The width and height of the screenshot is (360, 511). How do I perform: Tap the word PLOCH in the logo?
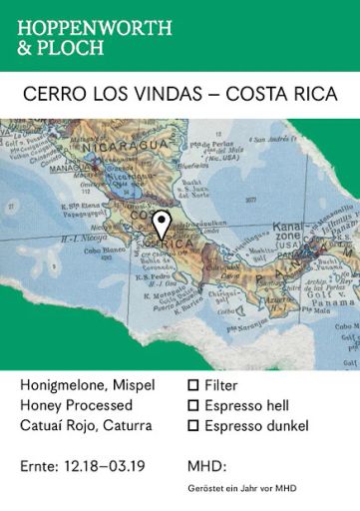click(74, 48)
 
